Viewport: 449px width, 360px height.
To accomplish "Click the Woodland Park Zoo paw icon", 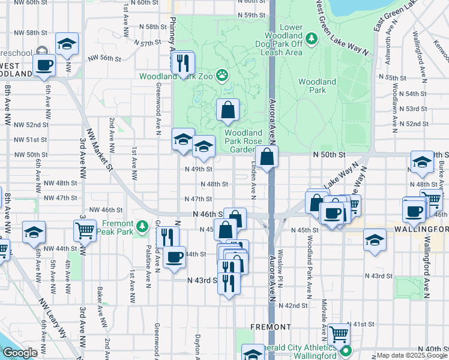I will pos(223,75).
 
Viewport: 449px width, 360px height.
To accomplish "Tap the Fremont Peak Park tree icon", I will pos(142,226).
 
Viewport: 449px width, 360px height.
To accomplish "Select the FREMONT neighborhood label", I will pos(271,327).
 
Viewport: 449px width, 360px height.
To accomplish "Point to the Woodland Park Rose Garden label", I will pos(244,142).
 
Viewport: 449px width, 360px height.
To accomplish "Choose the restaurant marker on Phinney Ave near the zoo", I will pos(182,62).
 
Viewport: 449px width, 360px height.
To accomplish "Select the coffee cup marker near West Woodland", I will pos(44,65).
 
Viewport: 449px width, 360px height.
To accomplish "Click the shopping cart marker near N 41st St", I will pos(339,333).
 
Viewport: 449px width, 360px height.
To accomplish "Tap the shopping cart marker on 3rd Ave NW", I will pos(85,230).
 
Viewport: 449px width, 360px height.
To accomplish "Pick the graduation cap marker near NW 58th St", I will pos(67,43).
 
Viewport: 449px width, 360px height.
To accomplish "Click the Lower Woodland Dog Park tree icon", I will pos(311,40).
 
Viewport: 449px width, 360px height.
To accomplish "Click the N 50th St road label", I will pos(331,154).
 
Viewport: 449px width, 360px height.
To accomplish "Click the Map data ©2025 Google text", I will pos(411,355).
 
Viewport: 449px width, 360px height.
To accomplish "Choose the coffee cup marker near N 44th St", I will pos(174,257).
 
